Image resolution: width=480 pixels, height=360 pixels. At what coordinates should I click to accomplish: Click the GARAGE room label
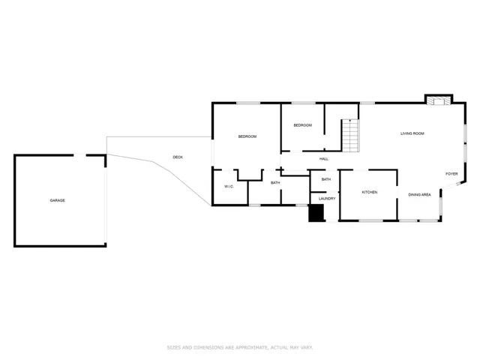coord(57,200)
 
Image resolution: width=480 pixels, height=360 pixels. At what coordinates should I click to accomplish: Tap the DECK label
coord(178,157)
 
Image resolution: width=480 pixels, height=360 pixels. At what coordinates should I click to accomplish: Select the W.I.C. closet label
coord(229,187)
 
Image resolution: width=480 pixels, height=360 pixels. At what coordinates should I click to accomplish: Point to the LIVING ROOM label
coord(412,133)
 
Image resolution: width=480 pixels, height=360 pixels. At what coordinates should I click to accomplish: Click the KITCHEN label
coord(370,192)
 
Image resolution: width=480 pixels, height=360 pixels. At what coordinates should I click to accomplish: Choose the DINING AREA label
coord(419,195)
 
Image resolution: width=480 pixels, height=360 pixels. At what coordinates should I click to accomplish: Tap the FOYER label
coord(451,174)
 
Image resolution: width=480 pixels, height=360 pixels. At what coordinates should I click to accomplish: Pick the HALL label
coord(324,159)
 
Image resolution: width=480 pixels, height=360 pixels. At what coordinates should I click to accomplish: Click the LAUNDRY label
coord(327,199)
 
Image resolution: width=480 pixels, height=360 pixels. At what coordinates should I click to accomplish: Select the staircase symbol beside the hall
coord(350,135)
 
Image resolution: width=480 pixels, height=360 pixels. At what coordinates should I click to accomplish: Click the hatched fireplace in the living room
coord(439,100)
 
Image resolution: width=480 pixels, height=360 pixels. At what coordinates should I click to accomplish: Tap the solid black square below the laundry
coord(316,213)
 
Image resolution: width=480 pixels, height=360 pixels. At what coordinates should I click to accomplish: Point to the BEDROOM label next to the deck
coord(247,136)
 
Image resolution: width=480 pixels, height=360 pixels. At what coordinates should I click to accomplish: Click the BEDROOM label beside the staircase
coord(303,125)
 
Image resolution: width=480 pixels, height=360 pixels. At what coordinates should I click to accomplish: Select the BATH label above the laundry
coord(326,179)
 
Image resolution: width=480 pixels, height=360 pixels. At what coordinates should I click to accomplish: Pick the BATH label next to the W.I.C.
coord(275,183)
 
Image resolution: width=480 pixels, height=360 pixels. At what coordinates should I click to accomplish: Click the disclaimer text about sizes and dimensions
coord(240,347)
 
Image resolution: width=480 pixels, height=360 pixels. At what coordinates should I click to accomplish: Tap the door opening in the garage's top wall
coord(80,155)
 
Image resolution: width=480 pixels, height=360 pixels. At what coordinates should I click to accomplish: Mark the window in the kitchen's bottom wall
coord(370,220)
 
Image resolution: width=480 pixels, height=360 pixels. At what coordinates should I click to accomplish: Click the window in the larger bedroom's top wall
coord(248,103)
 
